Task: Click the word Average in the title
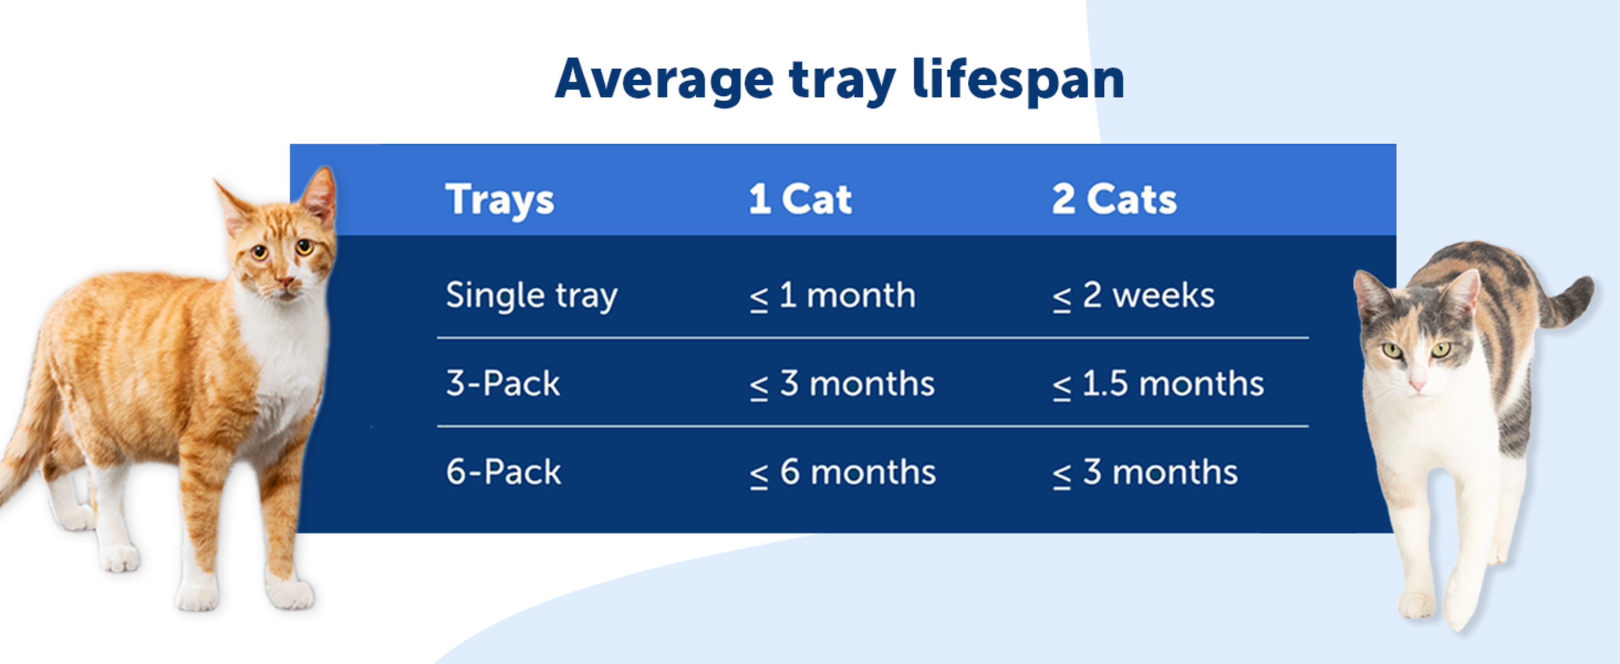pyautogui.click(x=664, y=80)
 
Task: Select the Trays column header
pyautogui.click(x=500, y=199)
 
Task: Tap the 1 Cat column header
pyautogui.click(x=800, y=199)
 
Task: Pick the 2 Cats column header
pyautogui.click(x=1114, y=199)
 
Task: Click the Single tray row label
pyautogui.click(x=531, y=295)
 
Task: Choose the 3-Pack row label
pyautogui.click(x=502, y=383)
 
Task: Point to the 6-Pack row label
pyautogui.click(x=503, y=472)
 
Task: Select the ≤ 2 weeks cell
pyautogui.click(x=1133, y=295)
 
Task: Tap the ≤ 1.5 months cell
pyautogui.click(x=1158, y=383)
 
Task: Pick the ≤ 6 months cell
pyautogui.click(x=842, y=472)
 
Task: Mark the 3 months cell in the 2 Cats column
pyautogui.click(x=1145, y=472)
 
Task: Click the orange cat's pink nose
pyautogui.click(x=285, y=281)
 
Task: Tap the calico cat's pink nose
pyautogui.click(x=1417, y=384)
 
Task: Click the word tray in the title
pyautogui.click(x=843, y=80)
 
